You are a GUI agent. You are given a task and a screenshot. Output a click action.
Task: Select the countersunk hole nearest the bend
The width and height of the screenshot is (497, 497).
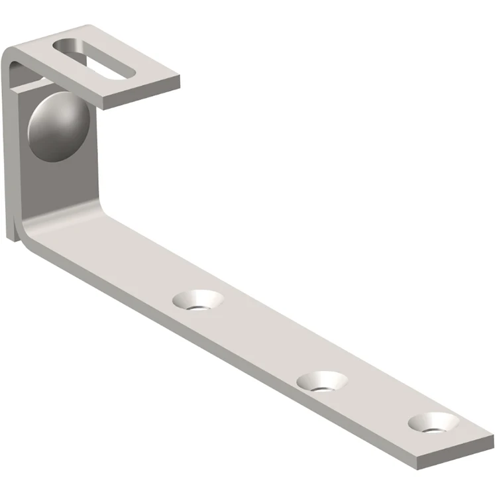click(x=197, y=300)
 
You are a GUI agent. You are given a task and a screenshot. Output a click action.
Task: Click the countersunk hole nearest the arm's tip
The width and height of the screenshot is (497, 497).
click(x=434, y=422)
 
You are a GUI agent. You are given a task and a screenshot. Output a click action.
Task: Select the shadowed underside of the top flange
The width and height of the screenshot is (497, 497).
click(x=33, y=83)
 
